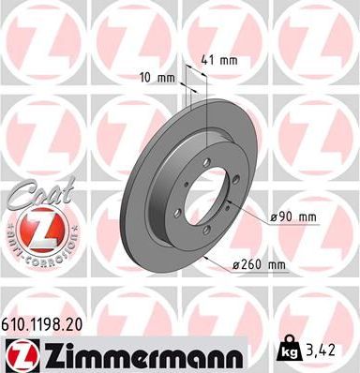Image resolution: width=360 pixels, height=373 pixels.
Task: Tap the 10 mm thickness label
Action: tap(157, 77)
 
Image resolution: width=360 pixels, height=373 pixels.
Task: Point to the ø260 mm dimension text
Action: tap(259, 265)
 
